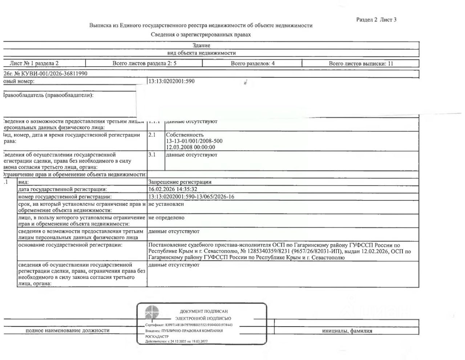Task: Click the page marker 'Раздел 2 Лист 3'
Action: pos(376,20)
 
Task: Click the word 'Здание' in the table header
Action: pos(201,45)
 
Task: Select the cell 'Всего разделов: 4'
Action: pos(252,63)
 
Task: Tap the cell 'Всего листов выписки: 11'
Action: pos(361,63)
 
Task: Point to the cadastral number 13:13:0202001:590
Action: pos(171,81)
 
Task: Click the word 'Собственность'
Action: pos(185,135)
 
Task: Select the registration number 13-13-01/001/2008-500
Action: pos(194,141)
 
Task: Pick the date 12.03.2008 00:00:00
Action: pos(190,147)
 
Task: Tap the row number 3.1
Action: pos(152,155)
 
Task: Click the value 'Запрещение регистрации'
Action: pos(180,182)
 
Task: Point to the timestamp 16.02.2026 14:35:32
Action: pos(173,189)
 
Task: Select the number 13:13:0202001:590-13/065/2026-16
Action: pos(191,197)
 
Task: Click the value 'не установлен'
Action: pos(166,204)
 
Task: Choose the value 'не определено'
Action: pos(166,218)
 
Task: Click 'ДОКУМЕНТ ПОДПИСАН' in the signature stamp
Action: pos(204,311)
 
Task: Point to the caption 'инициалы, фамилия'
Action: pos(347,331)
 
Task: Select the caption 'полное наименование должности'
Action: pos(68,331)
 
